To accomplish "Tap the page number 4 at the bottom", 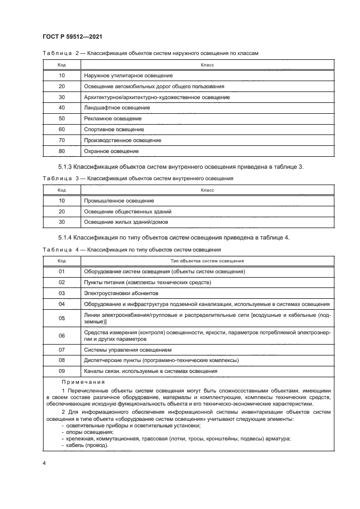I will click(x=44, y=463).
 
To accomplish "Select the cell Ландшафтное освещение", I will click(x=117, y=108).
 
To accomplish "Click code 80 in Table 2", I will click(x=62, y=151).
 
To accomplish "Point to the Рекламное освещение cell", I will click(x=113, y=119).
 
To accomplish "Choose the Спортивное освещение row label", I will click(x=114, y=130).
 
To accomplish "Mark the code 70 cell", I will click(x=62, y=140).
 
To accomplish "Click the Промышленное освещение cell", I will click(x=119, y=201).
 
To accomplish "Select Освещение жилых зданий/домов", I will click(x=126, y=222).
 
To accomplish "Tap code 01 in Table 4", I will click(x=62, y=272).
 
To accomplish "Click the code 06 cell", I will click(x=62, y=336).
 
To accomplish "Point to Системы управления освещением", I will click(x=128, y=349).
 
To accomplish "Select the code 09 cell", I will click(x=62, y=371).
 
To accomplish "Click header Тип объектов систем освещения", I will click(x=207, y=261).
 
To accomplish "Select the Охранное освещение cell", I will click(x=111, y=151).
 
